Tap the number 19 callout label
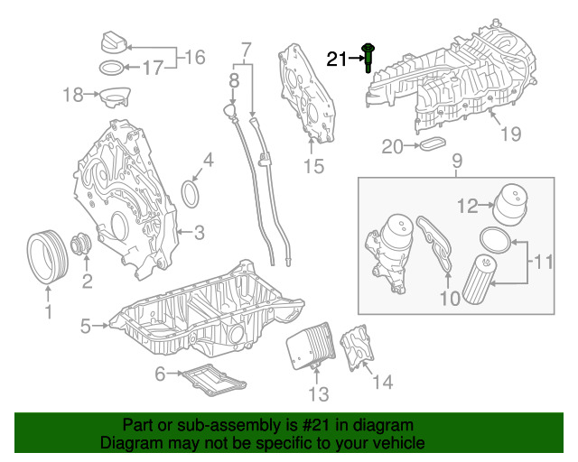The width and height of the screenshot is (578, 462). click(x=511, y=134)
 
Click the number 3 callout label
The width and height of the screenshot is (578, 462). click(x=199, y=233)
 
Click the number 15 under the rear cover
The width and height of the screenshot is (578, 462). click(x=312, y=166)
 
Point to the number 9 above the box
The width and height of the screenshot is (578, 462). click(x=457, y=162)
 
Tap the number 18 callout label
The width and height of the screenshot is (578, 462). click(x=72, y=93)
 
